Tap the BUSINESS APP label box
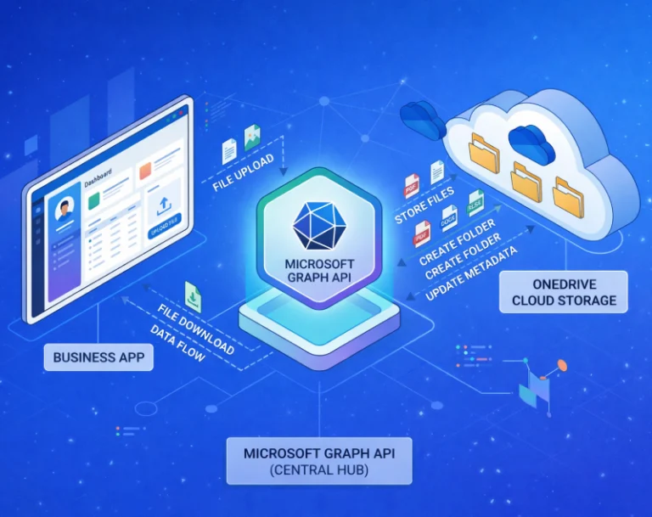click(x=99, y=357)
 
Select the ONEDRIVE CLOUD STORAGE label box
click(x=563, y=292)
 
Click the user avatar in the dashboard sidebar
click(x=63, y=212)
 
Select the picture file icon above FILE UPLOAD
click(x=252, y=138)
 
